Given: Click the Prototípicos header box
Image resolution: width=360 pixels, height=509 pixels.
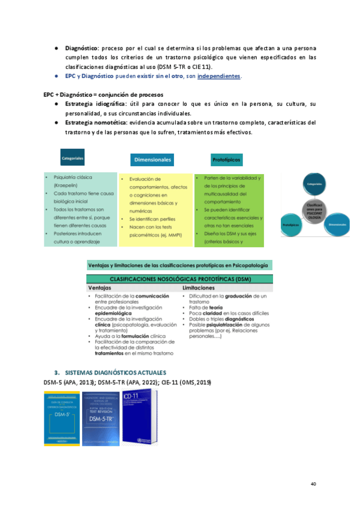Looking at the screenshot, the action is [227, 160].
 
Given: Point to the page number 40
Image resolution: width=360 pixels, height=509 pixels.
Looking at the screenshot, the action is [313, 484].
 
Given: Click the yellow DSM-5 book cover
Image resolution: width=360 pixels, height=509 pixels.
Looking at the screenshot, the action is [62, 418].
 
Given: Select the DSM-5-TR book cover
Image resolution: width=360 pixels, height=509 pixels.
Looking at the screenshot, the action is [101, 418].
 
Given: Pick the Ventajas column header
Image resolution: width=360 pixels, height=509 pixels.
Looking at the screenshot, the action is [100, 288].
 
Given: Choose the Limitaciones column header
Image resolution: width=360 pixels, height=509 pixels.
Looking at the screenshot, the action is [200, 288].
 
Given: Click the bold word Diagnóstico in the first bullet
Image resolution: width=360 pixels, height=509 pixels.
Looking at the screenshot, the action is [81, 47].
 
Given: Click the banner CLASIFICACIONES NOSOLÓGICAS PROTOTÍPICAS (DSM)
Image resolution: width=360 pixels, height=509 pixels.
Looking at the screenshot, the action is [179, 279].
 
